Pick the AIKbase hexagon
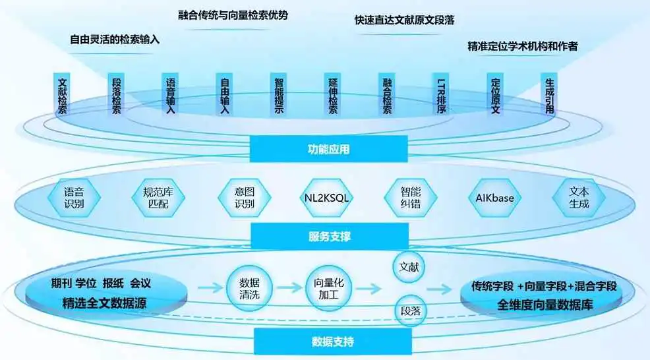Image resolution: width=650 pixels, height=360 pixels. click(494, 197)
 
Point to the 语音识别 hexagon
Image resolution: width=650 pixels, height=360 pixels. click(74, 197)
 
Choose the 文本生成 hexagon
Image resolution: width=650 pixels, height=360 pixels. click(579, 197)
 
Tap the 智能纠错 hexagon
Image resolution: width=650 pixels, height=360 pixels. click(410, 197)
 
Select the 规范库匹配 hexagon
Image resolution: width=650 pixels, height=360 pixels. click(158, 197)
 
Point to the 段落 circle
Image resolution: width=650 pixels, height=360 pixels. click(409, 310)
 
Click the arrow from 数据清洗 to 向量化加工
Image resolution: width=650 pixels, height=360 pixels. click(288, 289)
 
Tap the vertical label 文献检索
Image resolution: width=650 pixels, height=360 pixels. click(63, 96)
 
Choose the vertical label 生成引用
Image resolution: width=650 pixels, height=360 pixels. click(550, 96)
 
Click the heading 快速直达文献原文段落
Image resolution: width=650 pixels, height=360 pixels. click(403, 20)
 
